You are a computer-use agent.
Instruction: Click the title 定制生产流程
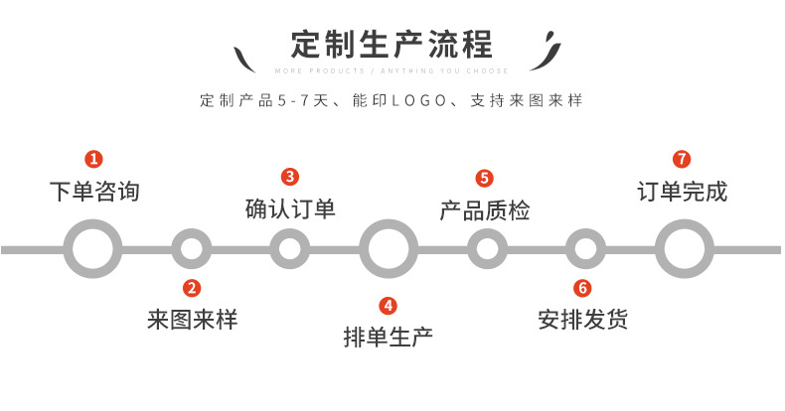coord(392,46)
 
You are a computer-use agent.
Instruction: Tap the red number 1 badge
coord(93,159)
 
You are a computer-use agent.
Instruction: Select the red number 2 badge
coord(192,289)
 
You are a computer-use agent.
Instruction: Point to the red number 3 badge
coord(290,177)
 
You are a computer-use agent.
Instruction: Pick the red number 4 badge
coord(389,306)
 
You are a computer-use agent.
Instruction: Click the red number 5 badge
coord(485,179)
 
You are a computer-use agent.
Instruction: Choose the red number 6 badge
coord(583,289)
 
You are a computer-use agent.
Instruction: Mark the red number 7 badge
coord(682,159)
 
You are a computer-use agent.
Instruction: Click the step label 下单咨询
coord(94,191)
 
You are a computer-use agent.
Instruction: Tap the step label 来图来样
coord(193,320)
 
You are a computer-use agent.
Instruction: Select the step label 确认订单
coord(290,209)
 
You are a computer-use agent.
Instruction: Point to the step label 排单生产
coord(389,338)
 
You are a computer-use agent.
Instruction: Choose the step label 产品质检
coord(485,210)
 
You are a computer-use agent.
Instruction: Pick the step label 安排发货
coord(583,320)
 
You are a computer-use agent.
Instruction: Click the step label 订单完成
coord(682,191)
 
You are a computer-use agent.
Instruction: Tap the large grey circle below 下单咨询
coord(92,248)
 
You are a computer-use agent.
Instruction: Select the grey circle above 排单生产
coord(389,248)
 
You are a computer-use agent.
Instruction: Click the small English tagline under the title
coord(392,71)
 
